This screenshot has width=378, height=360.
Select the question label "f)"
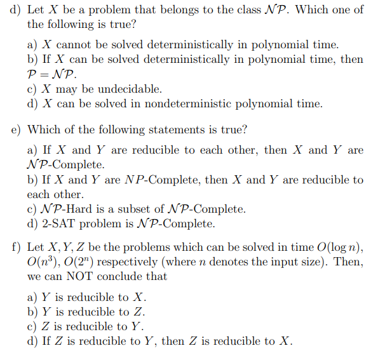tap(16, 246)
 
